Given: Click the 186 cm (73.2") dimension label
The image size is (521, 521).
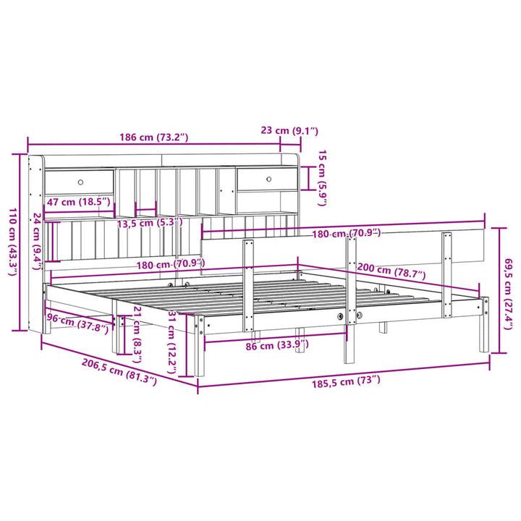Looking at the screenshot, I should [x=153, y=137].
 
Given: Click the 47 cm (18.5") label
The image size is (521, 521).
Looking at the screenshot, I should [x=78, y=202].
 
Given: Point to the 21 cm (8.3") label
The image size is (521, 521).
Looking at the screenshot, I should [x=138, y=331].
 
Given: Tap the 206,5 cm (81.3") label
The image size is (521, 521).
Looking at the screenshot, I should [x=119, y=371].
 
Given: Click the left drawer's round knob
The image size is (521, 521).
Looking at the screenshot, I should [x=80, y=182].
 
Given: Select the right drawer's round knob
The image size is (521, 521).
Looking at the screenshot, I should [x=268, y=178].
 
